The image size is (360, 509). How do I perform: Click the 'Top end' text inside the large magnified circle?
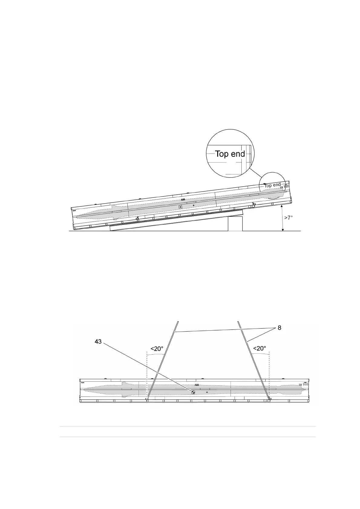230,154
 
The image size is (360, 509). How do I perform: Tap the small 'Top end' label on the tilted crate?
273,185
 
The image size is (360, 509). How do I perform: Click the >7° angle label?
288,218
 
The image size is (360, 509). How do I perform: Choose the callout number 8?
279,328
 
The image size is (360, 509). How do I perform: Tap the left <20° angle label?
157,349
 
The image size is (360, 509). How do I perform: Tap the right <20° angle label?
260,349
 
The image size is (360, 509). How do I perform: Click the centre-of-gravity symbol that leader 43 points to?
193,392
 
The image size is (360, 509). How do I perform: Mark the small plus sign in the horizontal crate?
207,392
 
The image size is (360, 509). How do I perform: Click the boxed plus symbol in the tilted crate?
180,207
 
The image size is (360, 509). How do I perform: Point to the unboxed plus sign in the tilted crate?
193,206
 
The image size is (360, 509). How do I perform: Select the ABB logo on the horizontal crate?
197,385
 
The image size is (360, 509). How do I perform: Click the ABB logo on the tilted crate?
183,200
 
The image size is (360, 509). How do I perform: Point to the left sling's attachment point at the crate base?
147,399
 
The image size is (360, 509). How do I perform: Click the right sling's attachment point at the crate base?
270,399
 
